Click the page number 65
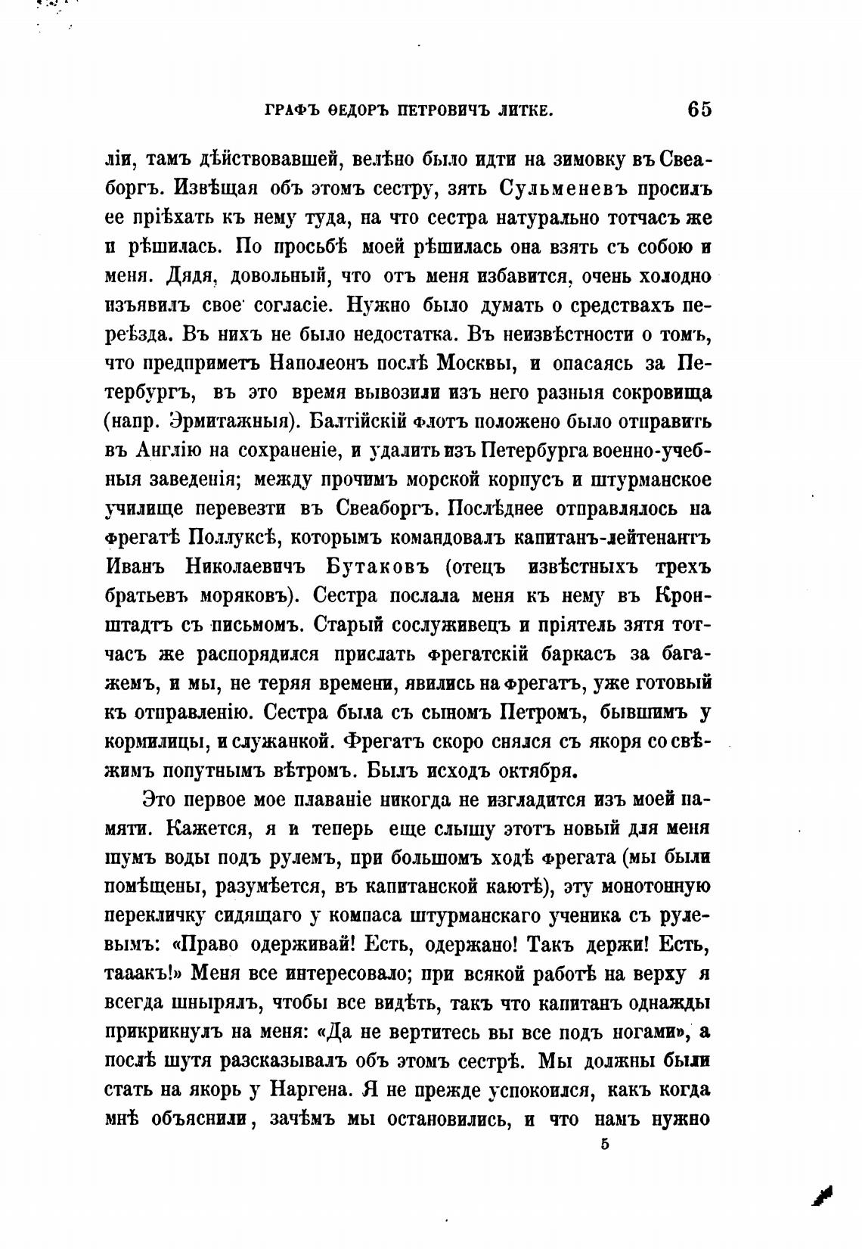click(x=699, y=110)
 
